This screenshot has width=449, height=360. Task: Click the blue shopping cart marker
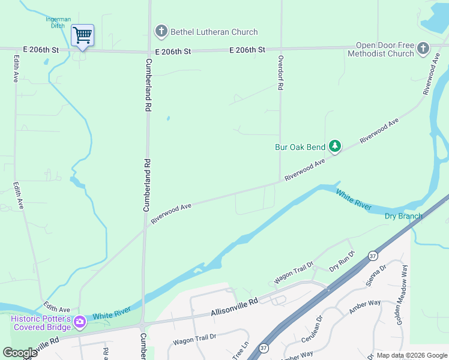click(x=82, y=35)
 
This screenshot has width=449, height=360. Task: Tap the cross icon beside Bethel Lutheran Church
click(x=161, y=31)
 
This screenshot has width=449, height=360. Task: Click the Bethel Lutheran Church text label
click(x=206, y=32)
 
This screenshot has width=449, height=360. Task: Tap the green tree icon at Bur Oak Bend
click(x=334, y=146)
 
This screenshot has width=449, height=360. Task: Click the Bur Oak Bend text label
click(x=300, y=147)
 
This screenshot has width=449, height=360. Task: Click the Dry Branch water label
click(x=403, y=216)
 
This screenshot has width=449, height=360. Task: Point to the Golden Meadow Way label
click(x=401, y=295)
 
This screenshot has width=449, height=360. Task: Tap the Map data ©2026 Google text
click(x=411, y=355)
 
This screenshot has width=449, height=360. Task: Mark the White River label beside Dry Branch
click(x=354, y=200)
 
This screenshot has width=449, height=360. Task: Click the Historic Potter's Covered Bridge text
click(x=41, y=323)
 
